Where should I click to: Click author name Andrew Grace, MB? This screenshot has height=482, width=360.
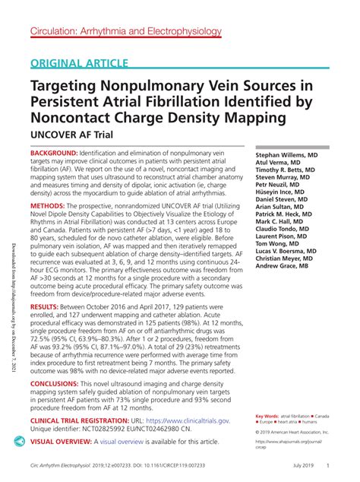[x=282, y=267]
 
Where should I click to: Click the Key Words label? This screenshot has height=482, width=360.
[x=267, y=416]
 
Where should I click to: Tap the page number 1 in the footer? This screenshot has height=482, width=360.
[x=327, y=465]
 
